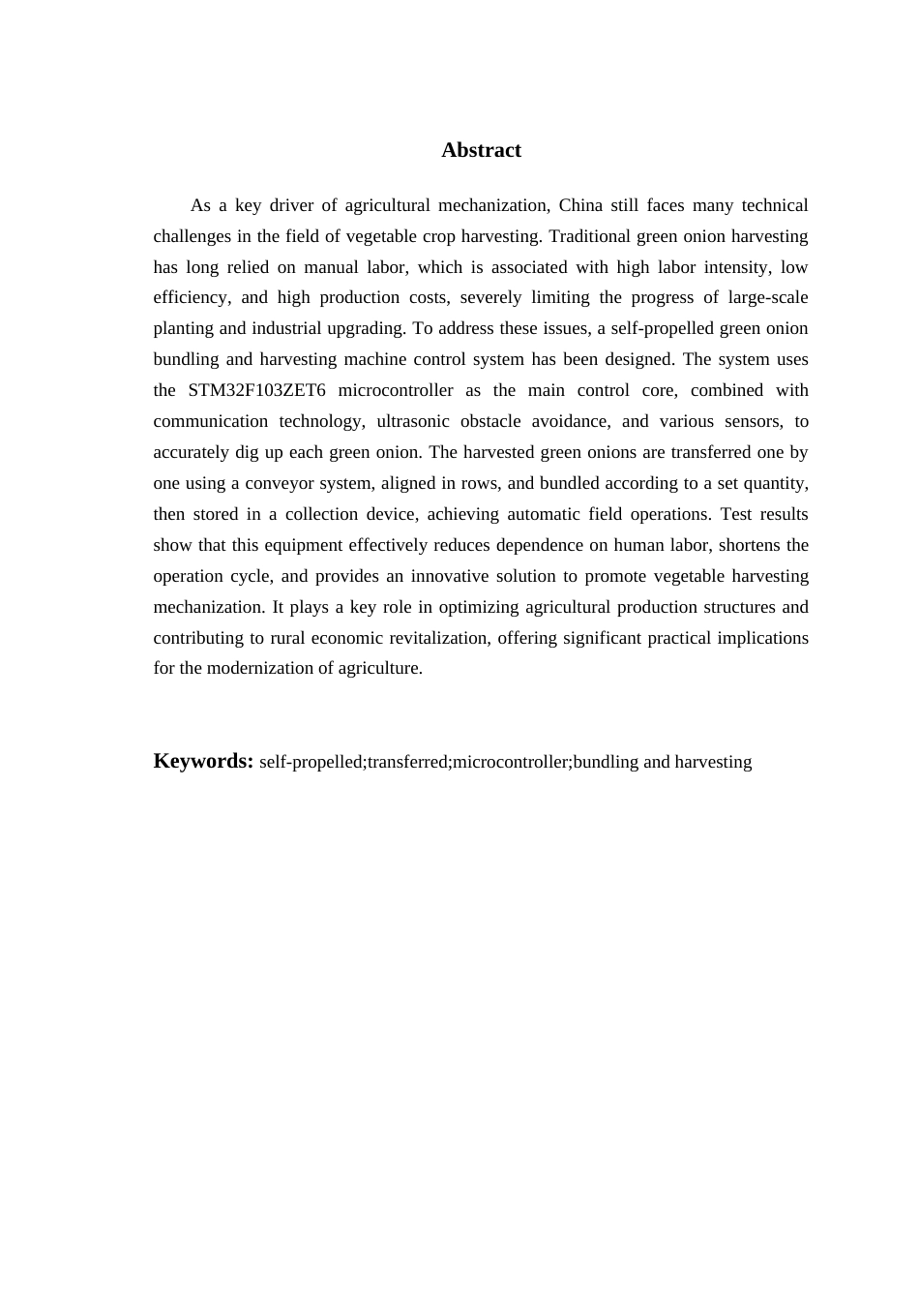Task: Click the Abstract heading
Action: pos(481,150)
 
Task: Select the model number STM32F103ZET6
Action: pos(256,390)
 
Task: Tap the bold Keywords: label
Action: pos(203,761)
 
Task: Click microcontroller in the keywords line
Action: pos(511,762)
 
